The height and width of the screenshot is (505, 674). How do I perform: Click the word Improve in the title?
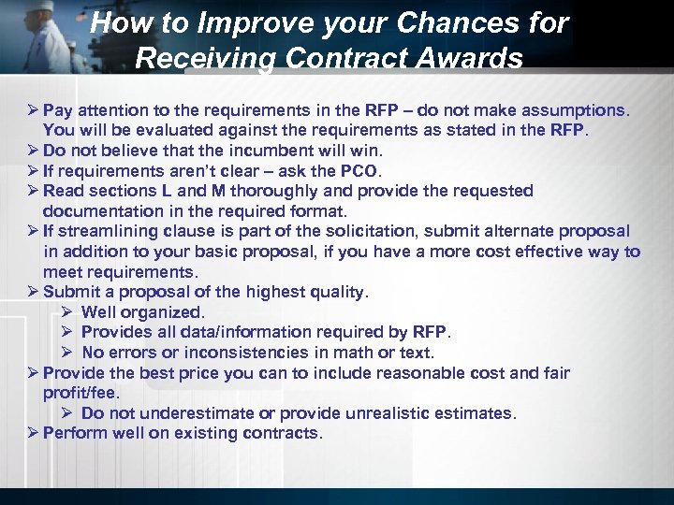pyautogui.click(x=237, y=23)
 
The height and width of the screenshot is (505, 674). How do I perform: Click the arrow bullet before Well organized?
pyautogui.click(x=67, y=312)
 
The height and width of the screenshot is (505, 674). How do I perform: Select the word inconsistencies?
pyautogui.click(x=246, y=353)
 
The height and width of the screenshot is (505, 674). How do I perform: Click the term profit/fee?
pyautogui.click(x=81, y=393)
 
